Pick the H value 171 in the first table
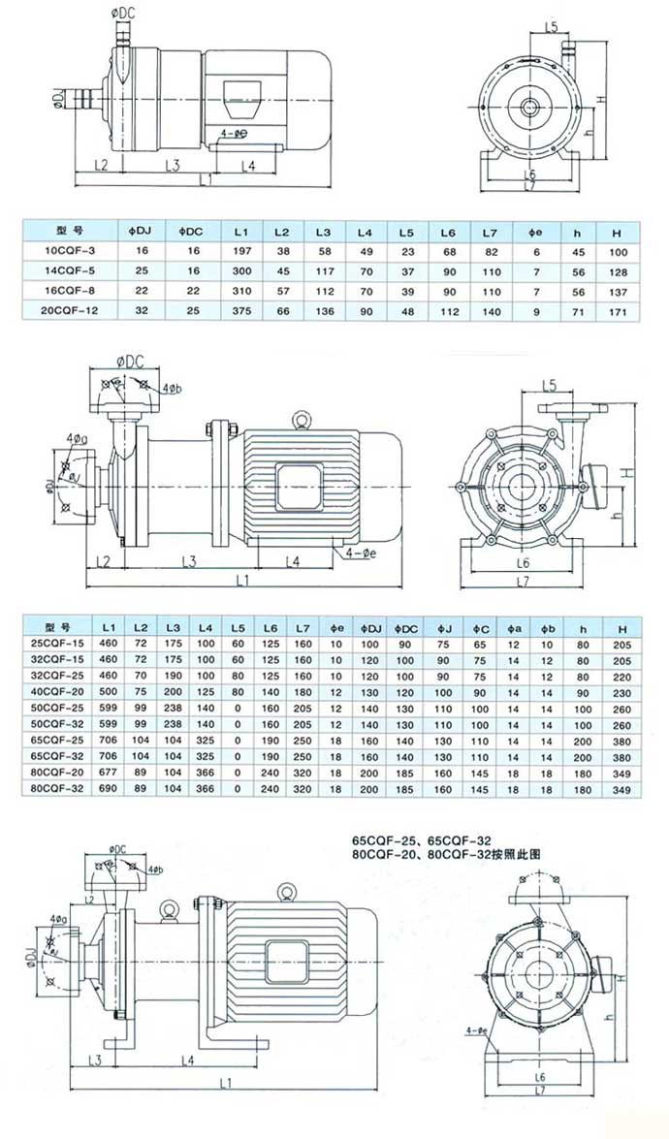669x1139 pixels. [617, 311]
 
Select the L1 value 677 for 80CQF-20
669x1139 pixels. [108, 773]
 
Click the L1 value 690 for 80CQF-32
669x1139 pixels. [108, 789]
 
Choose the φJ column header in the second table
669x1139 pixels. [443, 623]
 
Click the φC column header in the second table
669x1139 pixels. [480, 623]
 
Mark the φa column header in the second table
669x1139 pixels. [514, 623]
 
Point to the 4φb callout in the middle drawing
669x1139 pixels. [173, 389]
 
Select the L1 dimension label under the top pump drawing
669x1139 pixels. [205, 180]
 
